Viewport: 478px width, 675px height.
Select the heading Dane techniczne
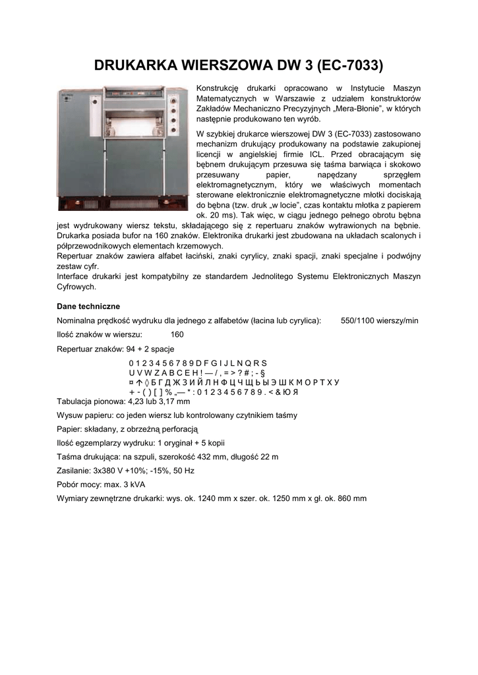coord(88,307)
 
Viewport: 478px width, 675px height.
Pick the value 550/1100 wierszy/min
coord(379,320)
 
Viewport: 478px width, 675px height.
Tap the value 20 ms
coord(210,216)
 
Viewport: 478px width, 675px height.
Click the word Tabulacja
coord(76,401)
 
